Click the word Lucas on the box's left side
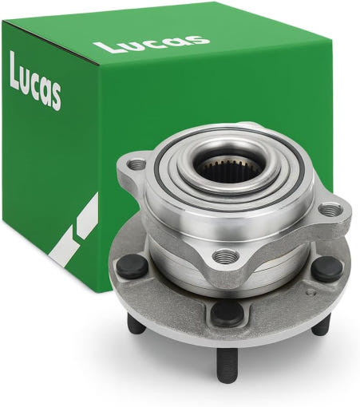pyautogui.click(x=36, y=81)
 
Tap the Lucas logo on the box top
pyautogui.click(x=152, y=44)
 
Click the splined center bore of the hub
pyautogui.click(x=229, y=169)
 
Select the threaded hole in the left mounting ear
pyautogui.click(x=136, y=164)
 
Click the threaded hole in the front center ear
pyautogui.click(x=226, y=256)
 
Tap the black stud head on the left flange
pyautogui.click(x=132, y=267)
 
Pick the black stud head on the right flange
pyautogui.click(x=326, y=269)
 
